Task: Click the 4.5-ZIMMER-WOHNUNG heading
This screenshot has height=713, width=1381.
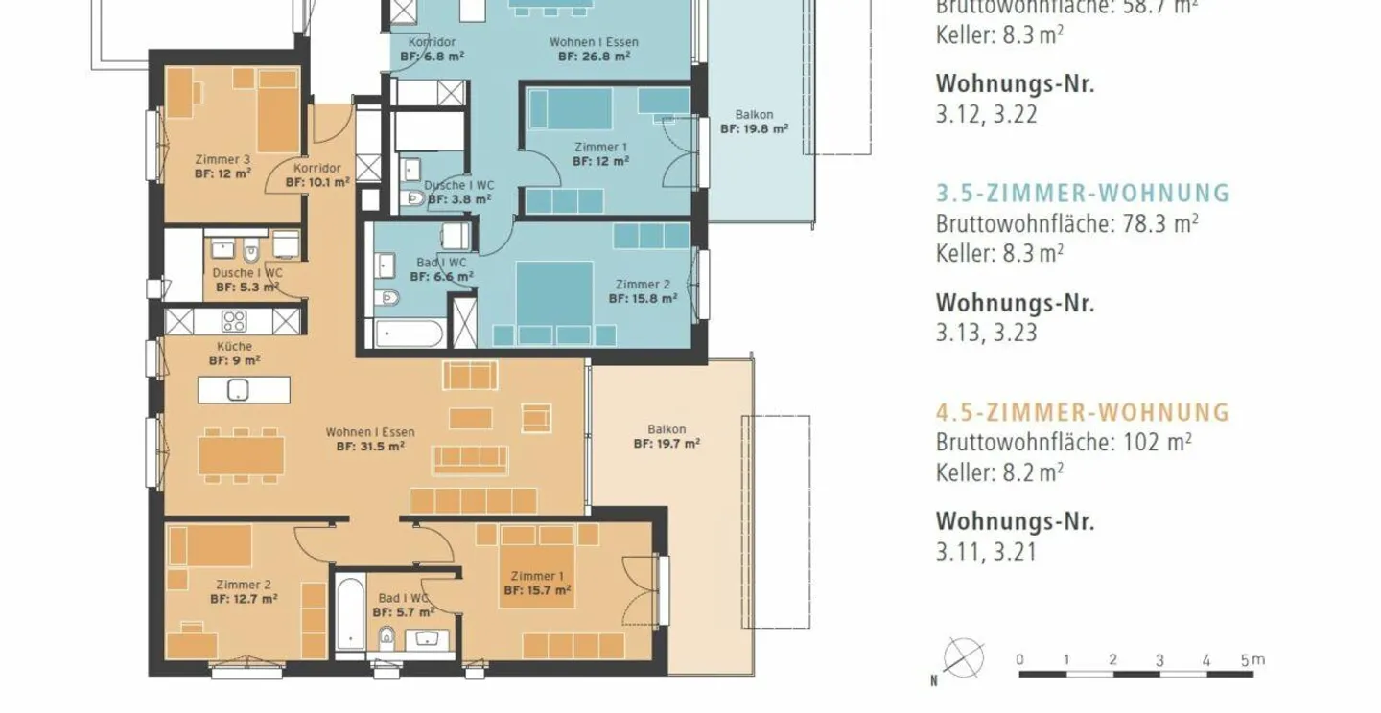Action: click(1082, 412)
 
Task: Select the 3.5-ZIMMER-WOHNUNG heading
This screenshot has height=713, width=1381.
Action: click(1082, 193)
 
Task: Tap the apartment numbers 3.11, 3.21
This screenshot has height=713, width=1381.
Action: click(986, 553)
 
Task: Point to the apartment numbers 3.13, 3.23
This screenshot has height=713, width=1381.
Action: click(986, 333)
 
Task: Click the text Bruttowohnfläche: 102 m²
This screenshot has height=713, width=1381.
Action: click(1064, 443)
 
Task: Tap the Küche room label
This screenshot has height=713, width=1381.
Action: click(235, 346)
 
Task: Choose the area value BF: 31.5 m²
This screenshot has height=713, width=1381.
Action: click(370, 446)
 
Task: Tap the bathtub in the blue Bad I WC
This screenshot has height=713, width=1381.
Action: click(410, 335)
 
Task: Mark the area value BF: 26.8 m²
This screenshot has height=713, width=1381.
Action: click(594, 57)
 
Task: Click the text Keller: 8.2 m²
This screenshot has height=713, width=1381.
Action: click(999, 472)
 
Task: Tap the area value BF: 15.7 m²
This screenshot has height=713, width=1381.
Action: click(537, 590)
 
